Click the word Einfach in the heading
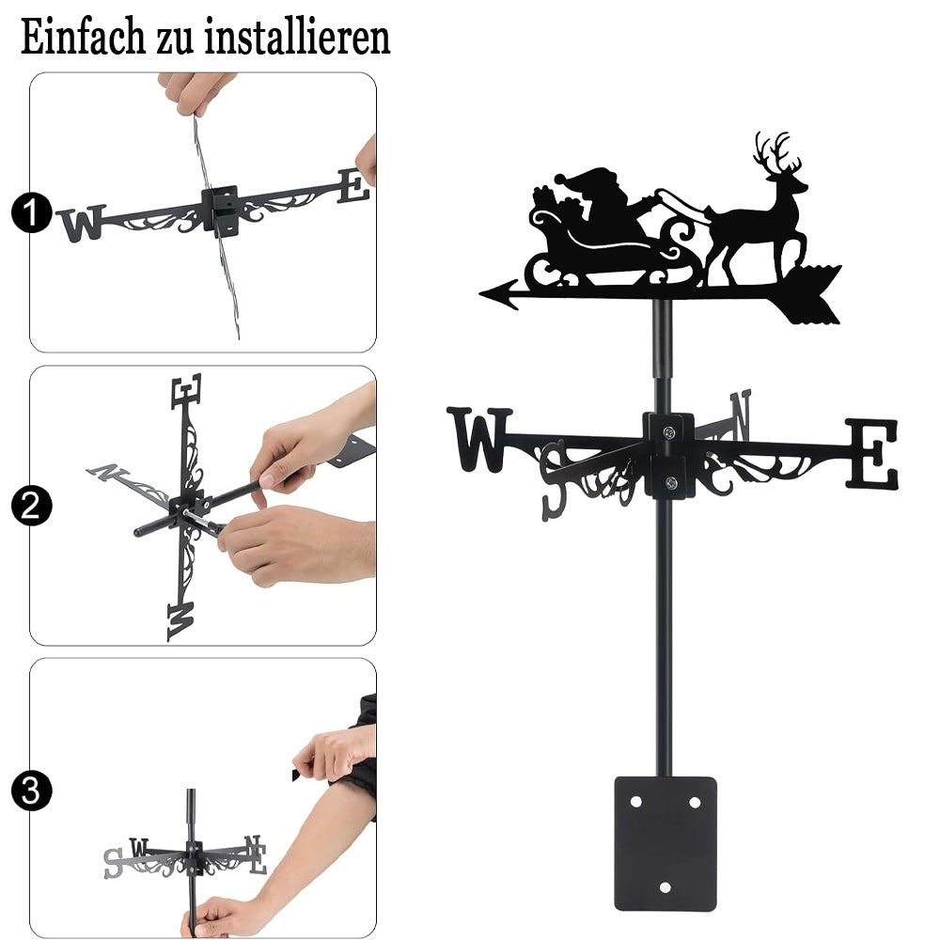click(83, 38)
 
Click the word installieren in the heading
click(297, 38)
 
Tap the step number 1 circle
click(31, 212)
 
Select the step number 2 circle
click(31, 506)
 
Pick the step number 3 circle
click(31, 791)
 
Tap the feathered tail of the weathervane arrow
click(811, 293)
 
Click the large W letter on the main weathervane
click(479, 439)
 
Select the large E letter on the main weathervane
click(872, 453)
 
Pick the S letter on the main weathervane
click(554, 480)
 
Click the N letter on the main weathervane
click(741, 415)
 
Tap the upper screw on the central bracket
click(668, 431)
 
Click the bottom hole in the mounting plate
click(665, 887)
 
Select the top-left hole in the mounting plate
click(635, 802)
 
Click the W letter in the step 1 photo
click(82, 223)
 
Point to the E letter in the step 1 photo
click(353, 186)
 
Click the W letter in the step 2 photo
click(180, 621)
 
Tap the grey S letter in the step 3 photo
click(113, 863)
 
